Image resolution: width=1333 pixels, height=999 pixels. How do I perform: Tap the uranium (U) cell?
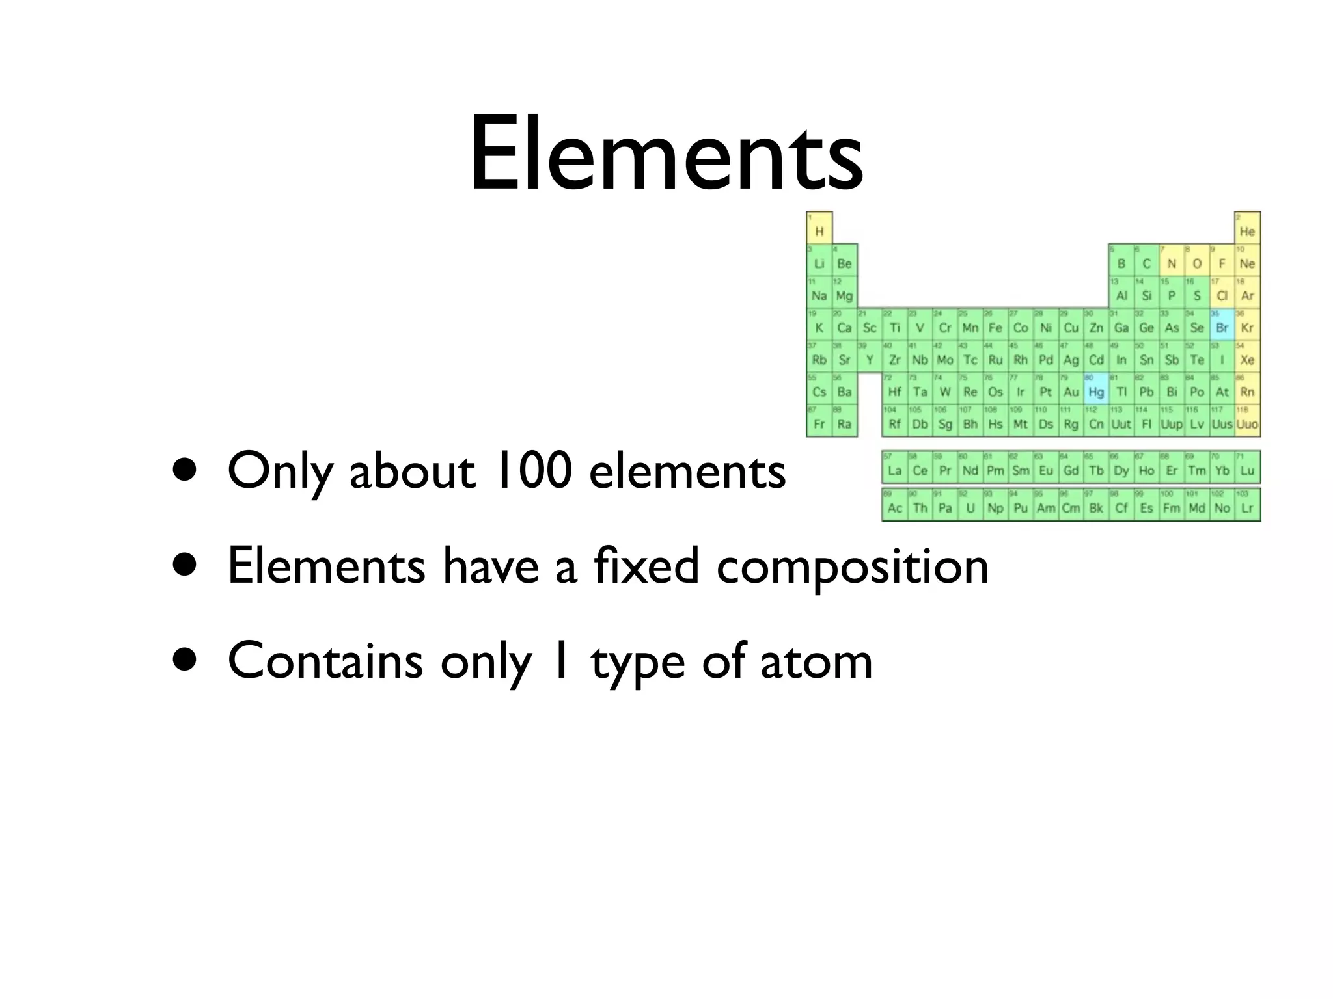[x=970, y=505]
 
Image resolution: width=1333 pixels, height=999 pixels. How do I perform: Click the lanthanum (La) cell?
[x=894, y=468]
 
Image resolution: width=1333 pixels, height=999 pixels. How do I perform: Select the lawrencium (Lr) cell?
[x=1247, y=505]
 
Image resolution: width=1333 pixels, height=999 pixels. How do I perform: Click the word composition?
[x=852, y=566]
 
